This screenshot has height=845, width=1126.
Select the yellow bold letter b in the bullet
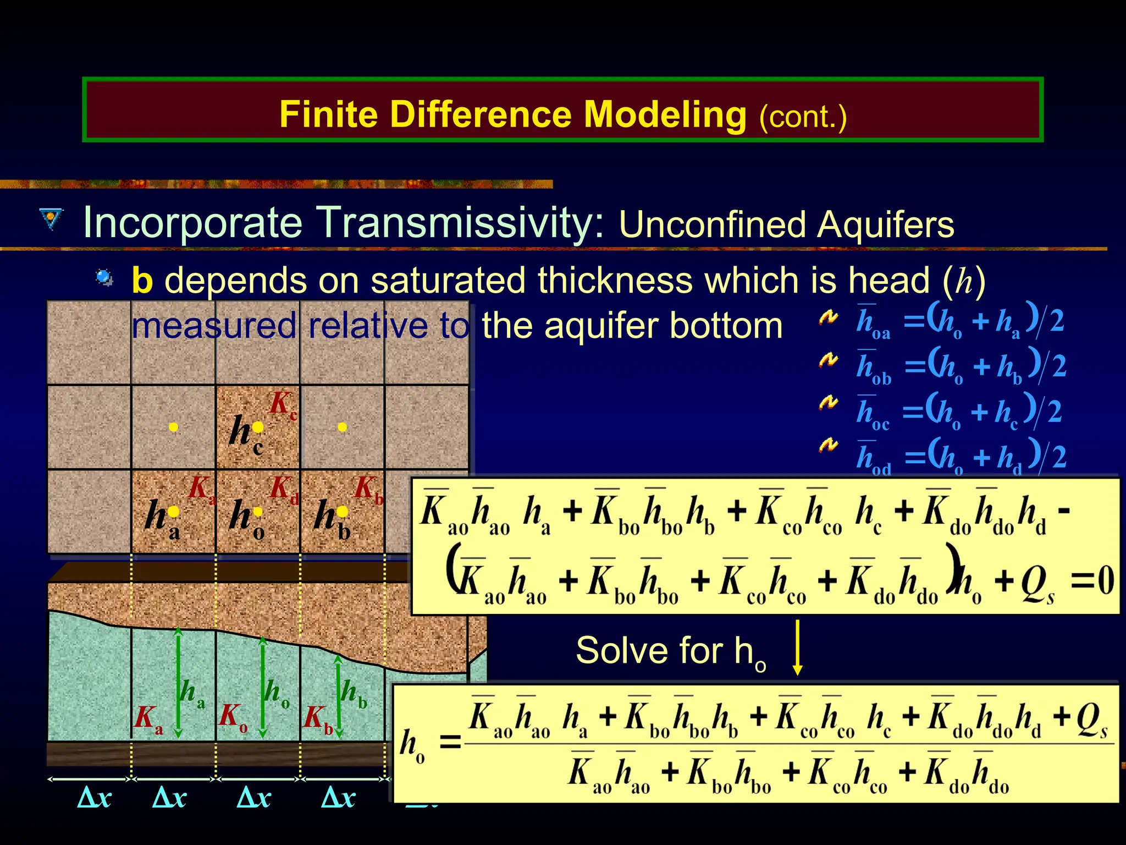[142, 281]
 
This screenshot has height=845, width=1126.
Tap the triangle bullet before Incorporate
[52, 218]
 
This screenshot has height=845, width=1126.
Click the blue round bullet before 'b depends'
[104, 277]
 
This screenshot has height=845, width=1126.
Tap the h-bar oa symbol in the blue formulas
[872, 322]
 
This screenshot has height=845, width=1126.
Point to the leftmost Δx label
[95, 797]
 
